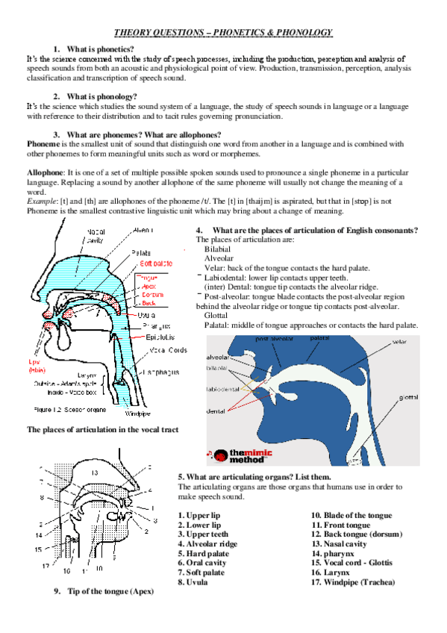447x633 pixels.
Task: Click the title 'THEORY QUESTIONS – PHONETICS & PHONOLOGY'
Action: (x=223, y=32)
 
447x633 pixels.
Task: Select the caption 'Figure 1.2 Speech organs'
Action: (x=69, y=408)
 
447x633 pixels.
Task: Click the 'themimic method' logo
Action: (x=243, y=454)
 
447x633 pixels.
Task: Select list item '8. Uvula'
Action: (x=193, y=581)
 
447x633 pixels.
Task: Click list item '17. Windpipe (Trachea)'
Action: (x=353, y=582)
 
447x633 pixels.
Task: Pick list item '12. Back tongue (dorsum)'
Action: (x=357, y=534)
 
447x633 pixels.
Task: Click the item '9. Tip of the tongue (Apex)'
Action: (x=103, y=590)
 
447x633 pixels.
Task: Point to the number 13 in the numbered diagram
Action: (x=94, y=473)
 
